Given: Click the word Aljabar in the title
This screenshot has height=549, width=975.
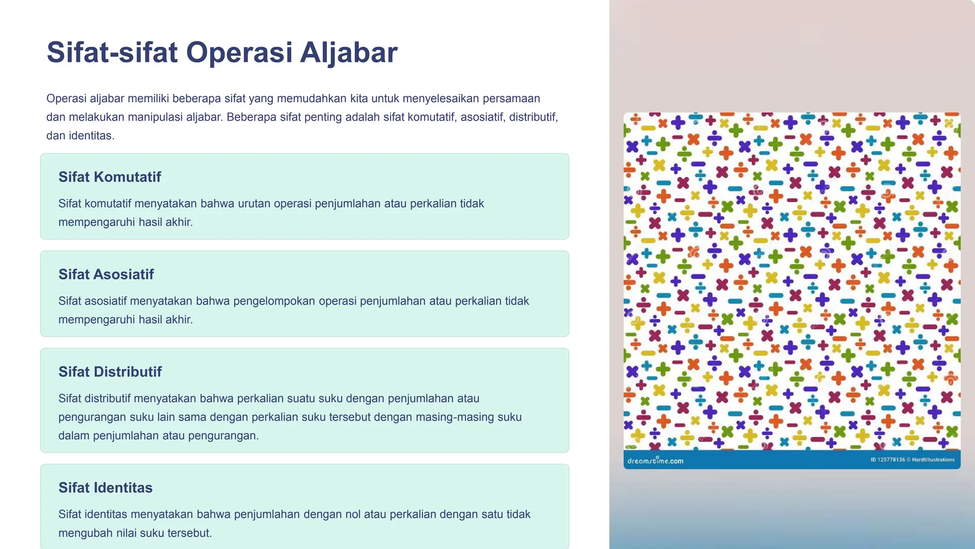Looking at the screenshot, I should pyautogui.click(x=348, y=52).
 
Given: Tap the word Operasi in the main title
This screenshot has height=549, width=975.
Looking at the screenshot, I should pyautogui.click(x=239, y=52).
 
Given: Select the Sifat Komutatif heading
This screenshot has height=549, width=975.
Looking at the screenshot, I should pyautogui.click(x=109, y=177).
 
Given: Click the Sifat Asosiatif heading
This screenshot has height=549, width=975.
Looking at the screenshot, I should pyautogui.click(x=106, y=274).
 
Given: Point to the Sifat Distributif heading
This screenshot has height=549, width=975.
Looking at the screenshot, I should pyautogui.click(x=110, y=372).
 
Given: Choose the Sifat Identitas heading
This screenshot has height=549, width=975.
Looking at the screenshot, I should pyautogui.click(x=105, y=488).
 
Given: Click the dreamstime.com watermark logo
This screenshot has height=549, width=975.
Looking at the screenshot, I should pyautogui.click(x=655, y=461).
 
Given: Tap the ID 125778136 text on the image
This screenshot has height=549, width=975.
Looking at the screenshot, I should pyautogui.click(x=887, y=460).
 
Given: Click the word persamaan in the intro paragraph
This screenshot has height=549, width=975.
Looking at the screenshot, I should pyautogui.click(x=511, y=99).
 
